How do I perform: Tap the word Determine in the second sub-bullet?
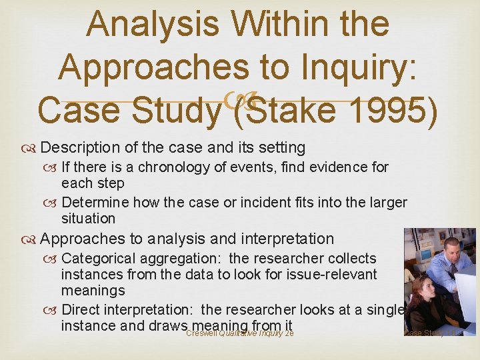pos(95,202)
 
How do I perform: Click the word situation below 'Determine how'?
pos(88,219)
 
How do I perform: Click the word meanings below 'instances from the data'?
pos(93,291)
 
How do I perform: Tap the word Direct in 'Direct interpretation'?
pos(80,309)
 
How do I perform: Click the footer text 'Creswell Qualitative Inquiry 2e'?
pos(240,333)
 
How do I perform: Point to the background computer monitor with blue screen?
pos(423,254)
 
